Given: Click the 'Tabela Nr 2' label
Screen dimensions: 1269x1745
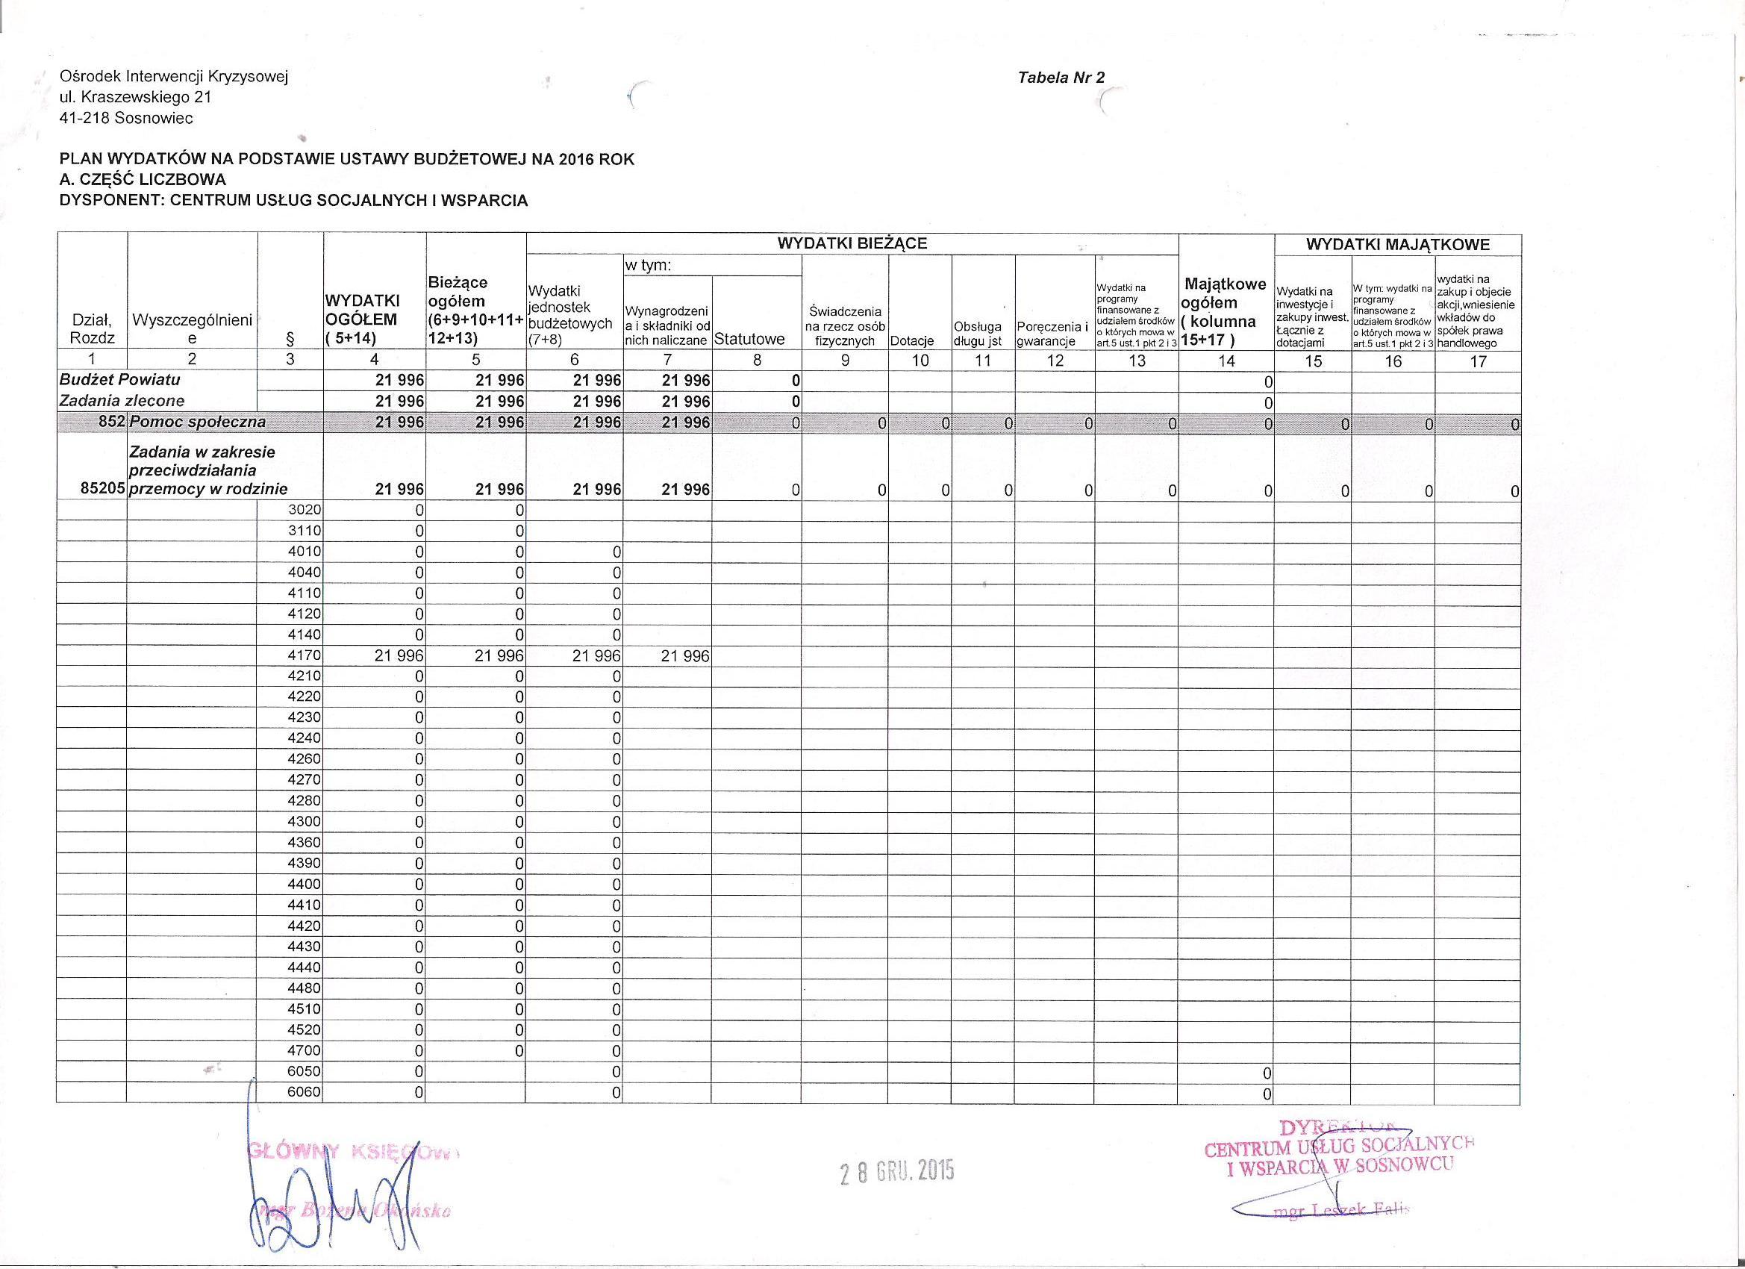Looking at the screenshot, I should pos(1061,78).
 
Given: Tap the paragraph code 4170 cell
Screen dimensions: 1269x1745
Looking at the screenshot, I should pos(304,656).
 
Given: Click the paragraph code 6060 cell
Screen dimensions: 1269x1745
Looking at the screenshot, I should pos(304,1092).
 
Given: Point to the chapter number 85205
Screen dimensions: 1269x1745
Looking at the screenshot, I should pos(103,489).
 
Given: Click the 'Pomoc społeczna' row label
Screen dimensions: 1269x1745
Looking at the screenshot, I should pos(198,422).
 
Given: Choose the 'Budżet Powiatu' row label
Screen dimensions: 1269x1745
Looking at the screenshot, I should pos(120,379).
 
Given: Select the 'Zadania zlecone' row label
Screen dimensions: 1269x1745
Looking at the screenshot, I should pos(122,400).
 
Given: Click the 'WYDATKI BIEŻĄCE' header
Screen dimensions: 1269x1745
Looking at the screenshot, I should pos(852,244).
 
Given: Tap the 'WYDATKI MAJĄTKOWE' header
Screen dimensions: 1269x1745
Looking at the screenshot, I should pos(1397,246).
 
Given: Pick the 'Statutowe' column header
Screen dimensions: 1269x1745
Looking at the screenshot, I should pos(749,340).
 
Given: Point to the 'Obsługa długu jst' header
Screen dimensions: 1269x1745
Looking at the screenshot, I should pos(977,334).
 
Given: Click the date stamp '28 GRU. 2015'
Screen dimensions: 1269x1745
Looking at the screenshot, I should pos(896,1171).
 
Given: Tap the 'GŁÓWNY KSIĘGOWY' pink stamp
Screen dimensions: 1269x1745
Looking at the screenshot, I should pos(352,1152).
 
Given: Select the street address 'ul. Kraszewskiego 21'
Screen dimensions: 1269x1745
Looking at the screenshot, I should pos(135,98).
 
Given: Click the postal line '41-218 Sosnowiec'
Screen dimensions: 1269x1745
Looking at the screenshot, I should pos(126,119).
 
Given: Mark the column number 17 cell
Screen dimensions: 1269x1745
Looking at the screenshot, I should pos(1477,361).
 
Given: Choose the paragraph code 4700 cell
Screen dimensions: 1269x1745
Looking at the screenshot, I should pos(304,1050).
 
